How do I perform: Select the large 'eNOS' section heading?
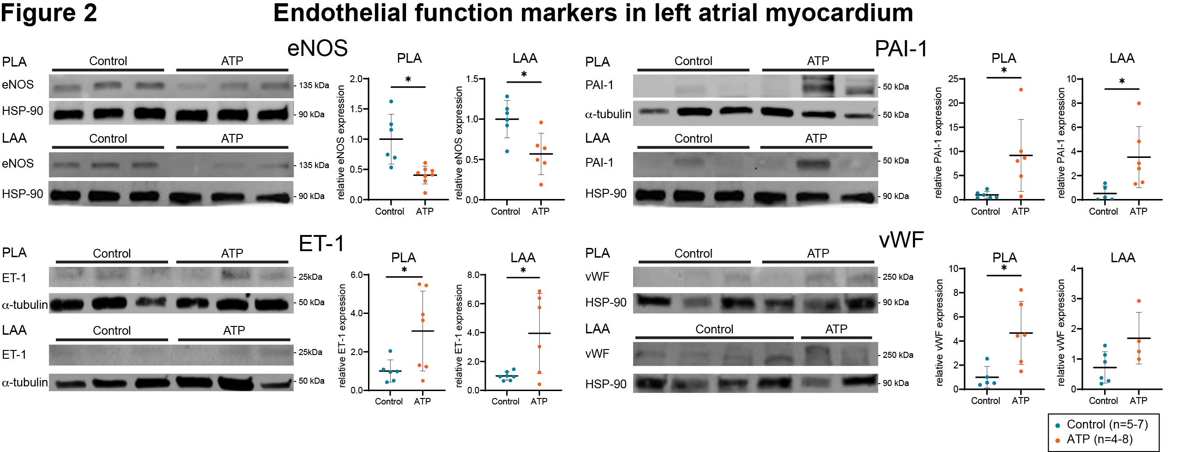317,48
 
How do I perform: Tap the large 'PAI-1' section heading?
901,48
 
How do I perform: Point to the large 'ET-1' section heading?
321,243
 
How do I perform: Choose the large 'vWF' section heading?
901,240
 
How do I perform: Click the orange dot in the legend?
1057,440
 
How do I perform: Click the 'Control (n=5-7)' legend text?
1107,424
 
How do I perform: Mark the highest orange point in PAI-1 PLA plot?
1021,90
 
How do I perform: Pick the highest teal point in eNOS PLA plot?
391,102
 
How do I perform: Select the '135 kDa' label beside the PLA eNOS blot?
314,85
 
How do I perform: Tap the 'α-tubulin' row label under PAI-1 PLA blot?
608,114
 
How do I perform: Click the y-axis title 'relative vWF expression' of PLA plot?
940,332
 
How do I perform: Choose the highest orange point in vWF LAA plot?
1139,301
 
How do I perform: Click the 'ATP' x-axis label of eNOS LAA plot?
540,211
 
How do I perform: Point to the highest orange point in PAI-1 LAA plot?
1139,103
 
